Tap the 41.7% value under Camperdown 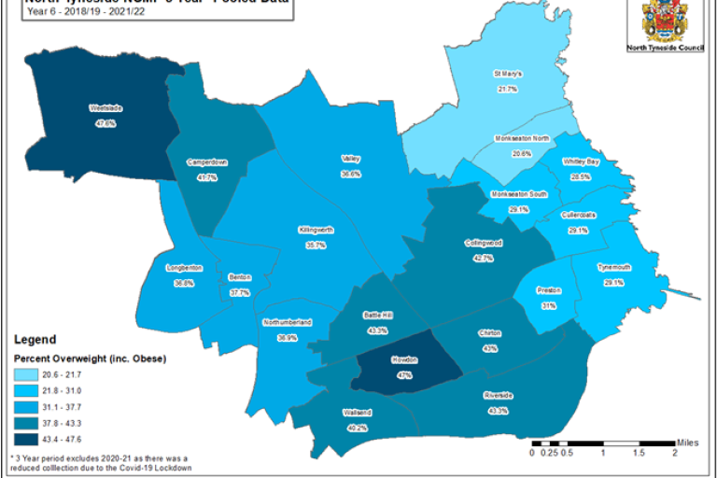(x=206, y=177)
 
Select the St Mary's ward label (x=507, y=73)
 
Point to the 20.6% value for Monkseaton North (x=521, y=153)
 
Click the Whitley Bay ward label (x=580, y=162)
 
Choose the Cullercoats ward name (x=578, y=215)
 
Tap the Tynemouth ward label (x=613, y=267)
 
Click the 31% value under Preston (x=548, y=305)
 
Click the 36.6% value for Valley (x=350, y=174)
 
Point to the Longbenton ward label (x=183, y=268)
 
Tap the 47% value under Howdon (x=404, y=374)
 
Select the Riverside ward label (x=498, y=395)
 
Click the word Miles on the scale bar (x=687, y=443)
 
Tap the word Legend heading (x=34, y=340)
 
